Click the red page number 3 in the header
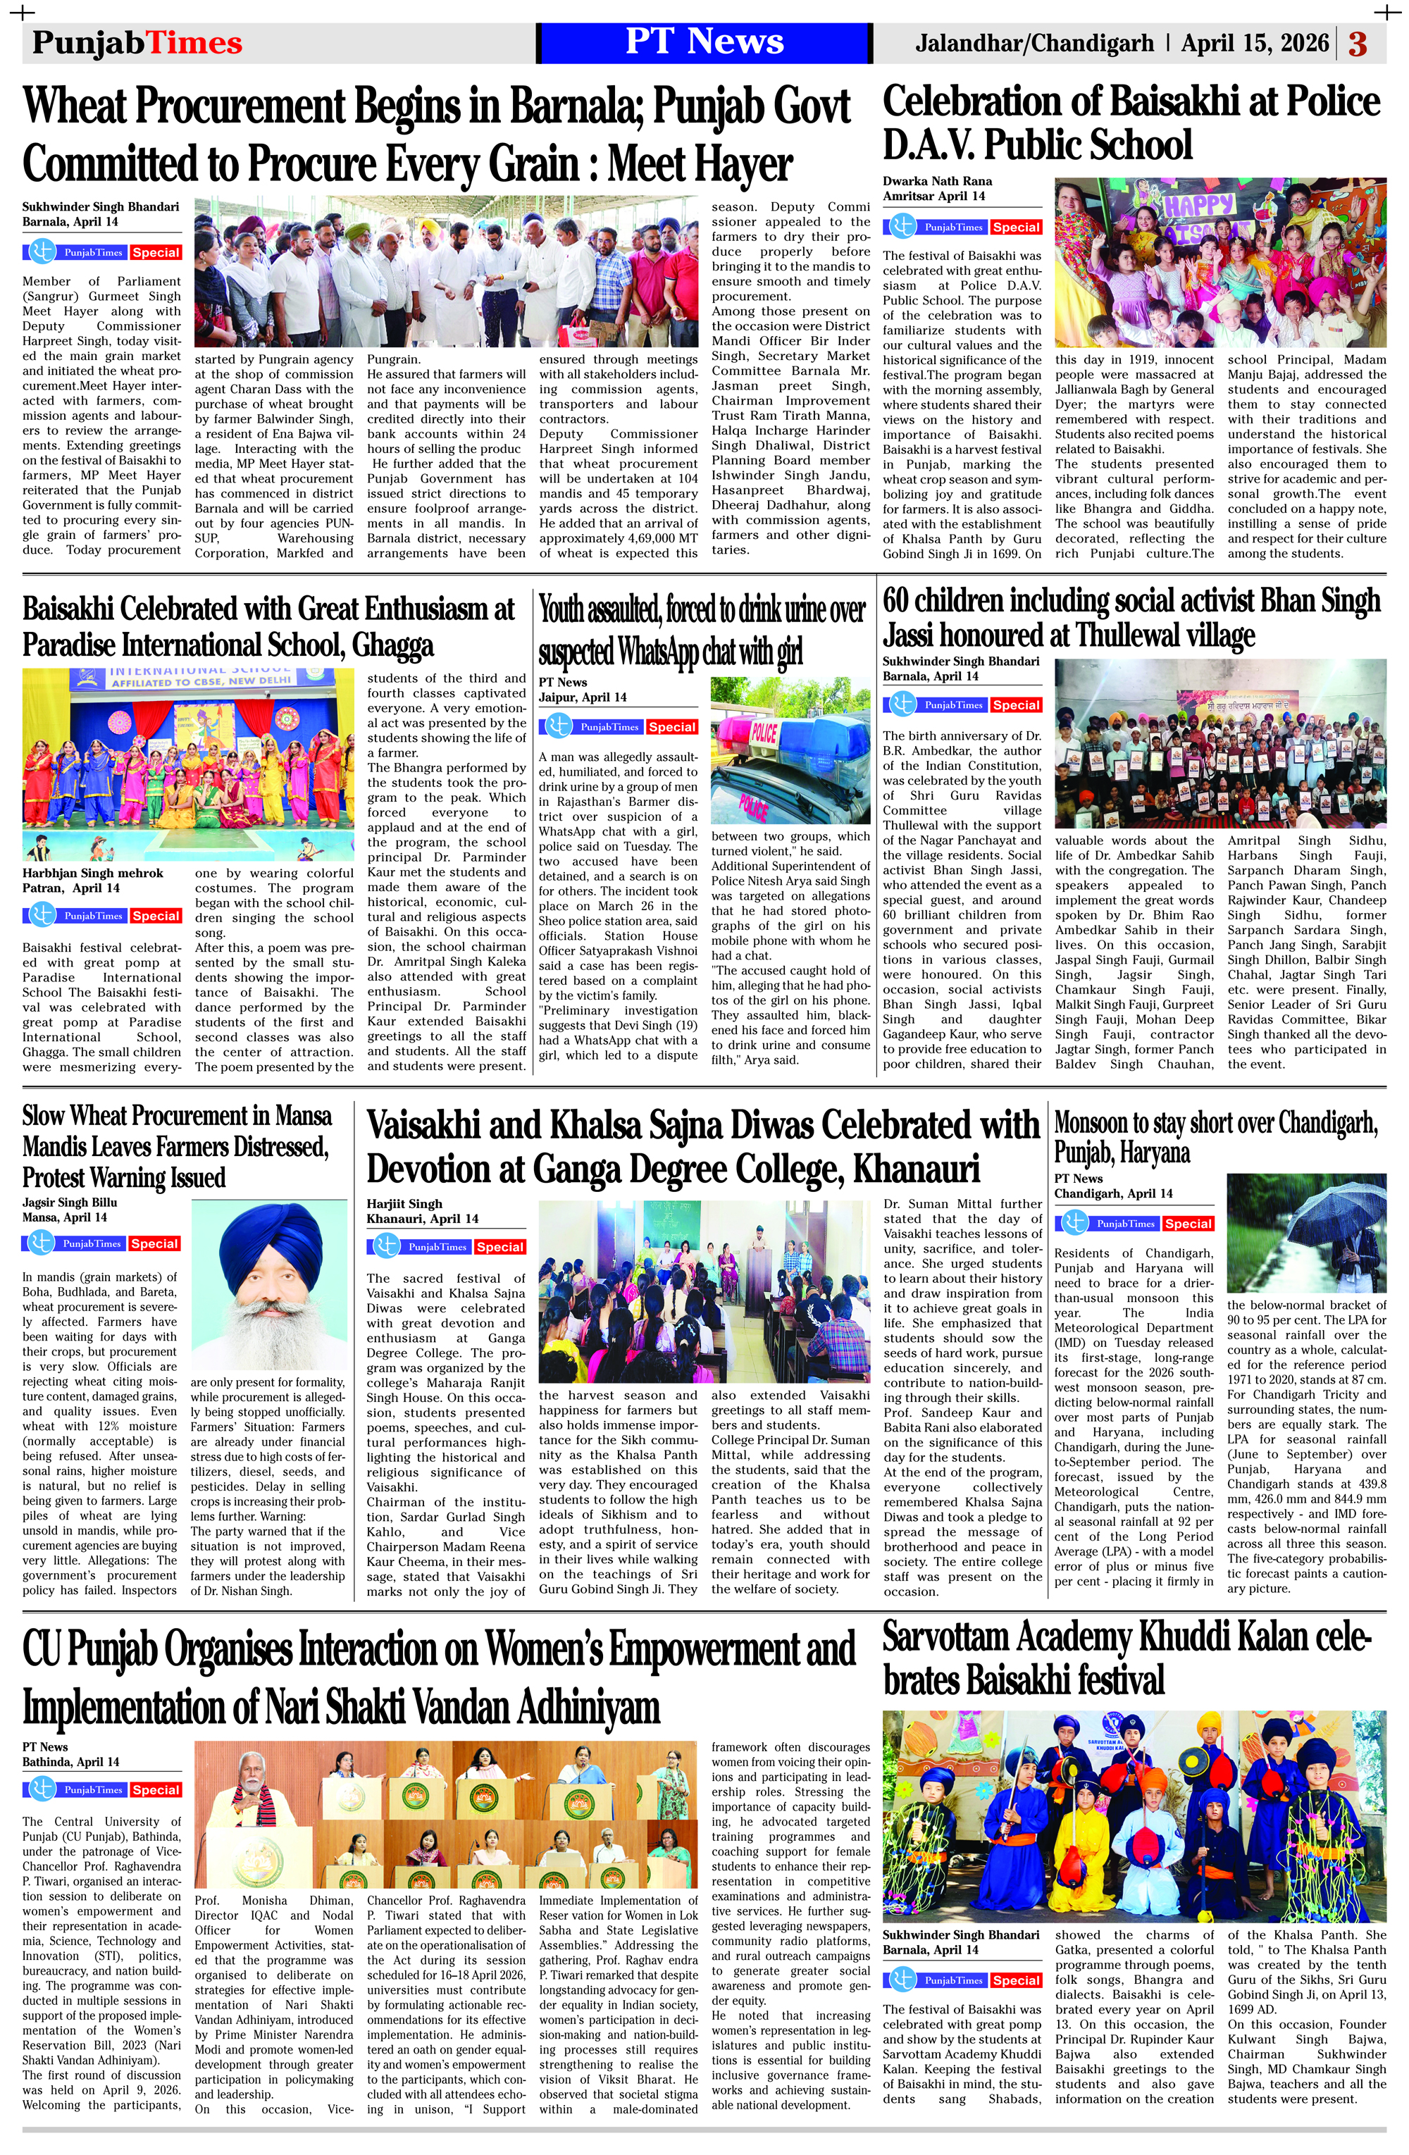coord(1358,44)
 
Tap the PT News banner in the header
coord(704,42)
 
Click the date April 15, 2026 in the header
coord(1254,42)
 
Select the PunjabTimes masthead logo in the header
coord(137,42)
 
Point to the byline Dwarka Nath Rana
coord(937,181)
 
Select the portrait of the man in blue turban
coord(269,1288)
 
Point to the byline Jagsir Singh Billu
coord(70,1203)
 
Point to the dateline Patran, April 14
coord(64,888)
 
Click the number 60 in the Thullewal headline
coord(898,600)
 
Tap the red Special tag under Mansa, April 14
coord(154,1244)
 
